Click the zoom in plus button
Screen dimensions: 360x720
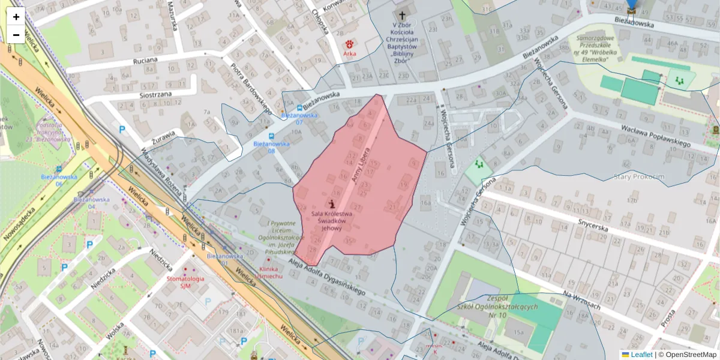click(16, 17)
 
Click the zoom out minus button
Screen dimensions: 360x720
click(16, 35)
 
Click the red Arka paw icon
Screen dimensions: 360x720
click(349, 44)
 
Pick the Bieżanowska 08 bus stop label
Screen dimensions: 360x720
click(271, 147)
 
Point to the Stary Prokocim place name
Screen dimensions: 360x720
click(640, 176)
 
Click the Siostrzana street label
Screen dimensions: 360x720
click(155, 95)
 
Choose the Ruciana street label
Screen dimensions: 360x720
click(145, 61)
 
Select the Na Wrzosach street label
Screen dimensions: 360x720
click(581, 300)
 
